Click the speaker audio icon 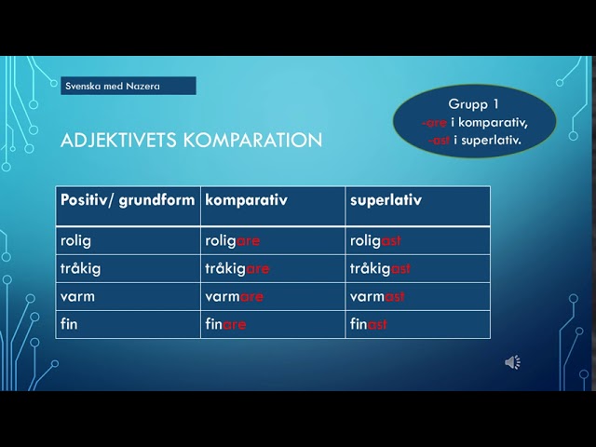pyautogui.click(x=512, y=362)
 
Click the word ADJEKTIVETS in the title pyautogui.click(x=118, y=140)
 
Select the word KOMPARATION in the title pyautogui.click(x=252, y=140)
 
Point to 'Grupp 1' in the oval pyautogui.click(x=473, y=104)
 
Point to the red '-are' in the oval pyautogui.click(x=434, y=123)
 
